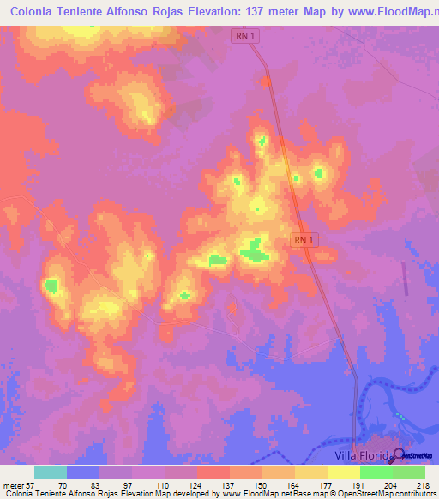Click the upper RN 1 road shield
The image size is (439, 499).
[244, 36]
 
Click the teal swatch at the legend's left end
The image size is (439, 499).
[51, 472]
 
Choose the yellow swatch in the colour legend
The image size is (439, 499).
[343, 472]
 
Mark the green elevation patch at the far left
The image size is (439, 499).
[51, 286]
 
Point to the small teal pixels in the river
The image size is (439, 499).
[400, 418]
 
